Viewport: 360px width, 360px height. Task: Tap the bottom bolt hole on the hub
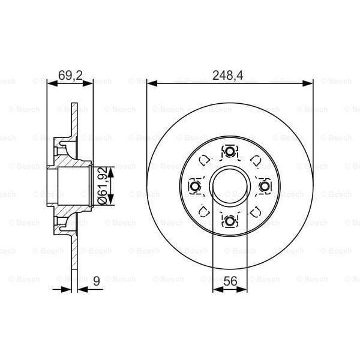click(230, 221)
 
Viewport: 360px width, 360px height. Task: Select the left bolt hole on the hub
click(194, 187)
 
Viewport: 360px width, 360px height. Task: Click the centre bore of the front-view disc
click(230, 187)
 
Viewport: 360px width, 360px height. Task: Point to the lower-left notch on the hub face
click(204, 212)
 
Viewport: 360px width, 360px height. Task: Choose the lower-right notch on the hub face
click(256, 212)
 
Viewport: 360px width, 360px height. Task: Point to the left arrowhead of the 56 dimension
click(217, 289)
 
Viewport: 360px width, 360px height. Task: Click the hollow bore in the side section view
click(71, 187)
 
